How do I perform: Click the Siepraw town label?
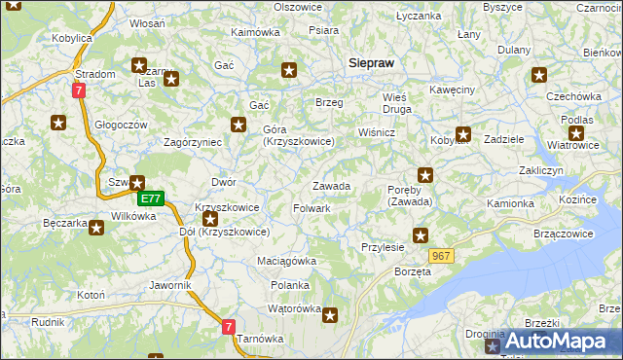point(371,62)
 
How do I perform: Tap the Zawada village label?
point(331,186)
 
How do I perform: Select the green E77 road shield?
point(149,198)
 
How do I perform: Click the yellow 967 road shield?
point(441,256)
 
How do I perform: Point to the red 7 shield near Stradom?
point(79,89)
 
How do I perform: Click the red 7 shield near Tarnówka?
point(228,328)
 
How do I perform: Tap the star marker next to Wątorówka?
point(331,314)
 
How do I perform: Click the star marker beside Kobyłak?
point(463,135)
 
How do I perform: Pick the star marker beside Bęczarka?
point(96,227)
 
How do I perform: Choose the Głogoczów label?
point(121,125)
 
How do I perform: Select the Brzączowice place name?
point(564,234)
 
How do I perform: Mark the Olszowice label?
point(298,7)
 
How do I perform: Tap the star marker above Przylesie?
point(421,234)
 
